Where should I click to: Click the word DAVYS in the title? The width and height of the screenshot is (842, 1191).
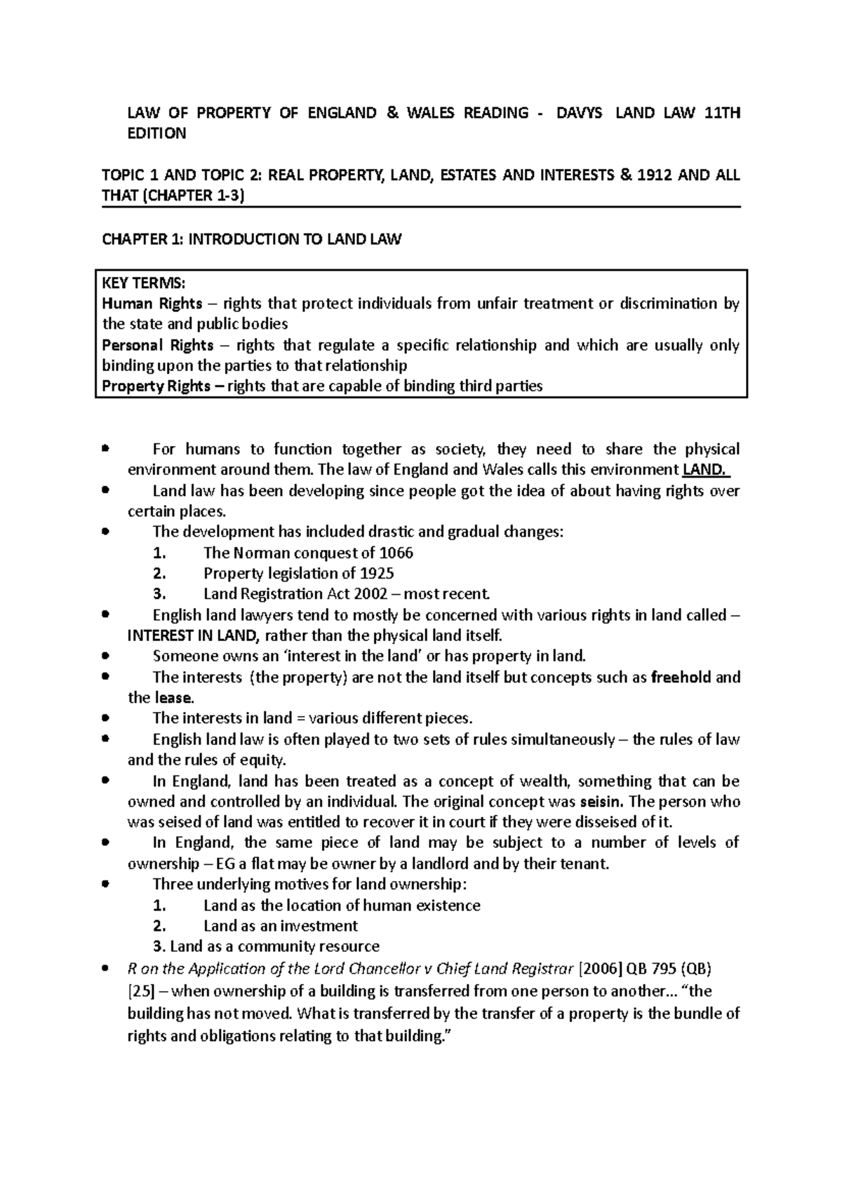[579, 113]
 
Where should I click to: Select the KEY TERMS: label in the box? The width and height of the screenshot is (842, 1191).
[144, 283]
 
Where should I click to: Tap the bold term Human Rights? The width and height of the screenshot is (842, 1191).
[152, 304]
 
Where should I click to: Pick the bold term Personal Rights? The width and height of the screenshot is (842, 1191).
[158, 345]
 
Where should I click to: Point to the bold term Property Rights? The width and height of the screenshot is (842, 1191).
[156, 386]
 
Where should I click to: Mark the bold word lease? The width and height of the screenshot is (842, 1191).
[173, 698]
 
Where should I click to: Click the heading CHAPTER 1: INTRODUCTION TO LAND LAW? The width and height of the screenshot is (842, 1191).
[251, 239]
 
